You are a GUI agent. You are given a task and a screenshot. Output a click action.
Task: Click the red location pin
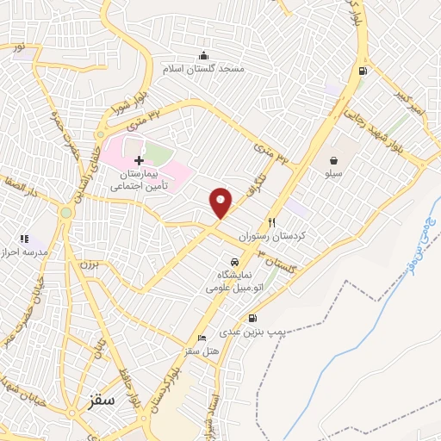point(221,202)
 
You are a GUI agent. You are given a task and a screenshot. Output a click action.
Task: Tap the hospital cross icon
point(139,160)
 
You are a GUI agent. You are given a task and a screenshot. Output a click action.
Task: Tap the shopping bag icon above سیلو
point(333,160)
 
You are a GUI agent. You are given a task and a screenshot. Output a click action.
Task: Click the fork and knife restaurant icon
point(272,221)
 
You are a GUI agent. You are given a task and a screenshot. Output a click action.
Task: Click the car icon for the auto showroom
point(233,262)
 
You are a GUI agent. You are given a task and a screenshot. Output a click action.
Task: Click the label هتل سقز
point(199,351)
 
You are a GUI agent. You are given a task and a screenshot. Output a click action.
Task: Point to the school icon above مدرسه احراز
point(24,238)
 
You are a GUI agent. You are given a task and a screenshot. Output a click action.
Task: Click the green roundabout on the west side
point(65,212)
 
